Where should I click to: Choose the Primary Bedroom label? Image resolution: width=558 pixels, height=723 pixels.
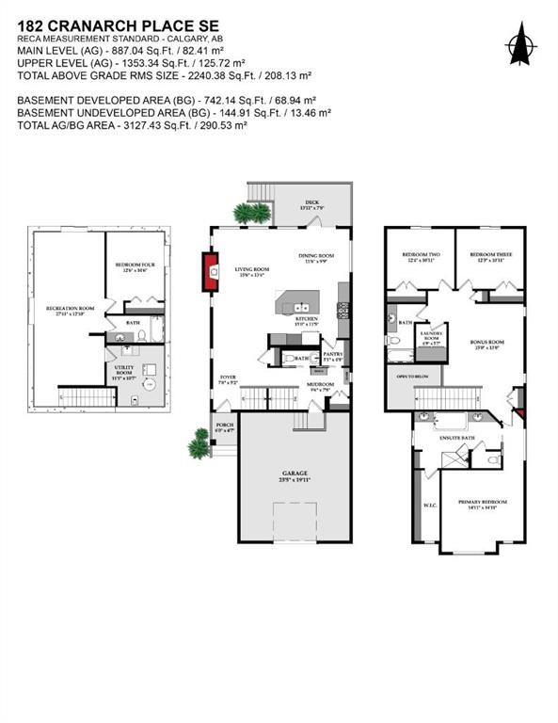482,503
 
